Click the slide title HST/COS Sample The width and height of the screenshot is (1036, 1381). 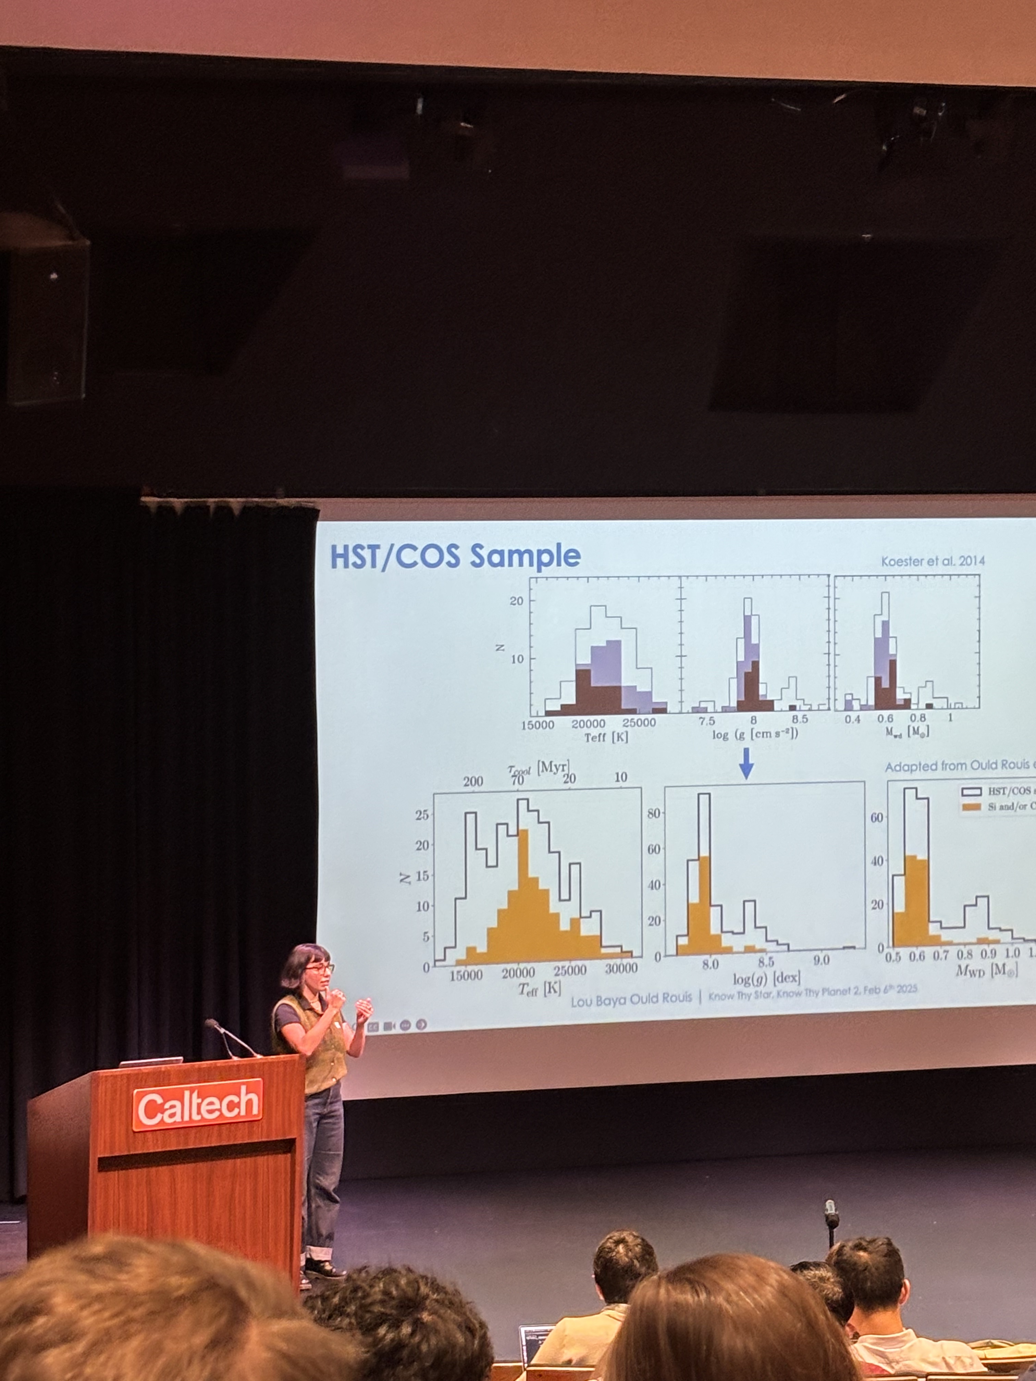pos(455,556)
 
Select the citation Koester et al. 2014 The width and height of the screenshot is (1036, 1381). pos(933,561)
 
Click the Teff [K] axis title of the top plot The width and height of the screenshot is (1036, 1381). pos(606,737)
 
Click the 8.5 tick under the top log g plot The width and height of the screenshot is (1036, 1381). pos(799,719)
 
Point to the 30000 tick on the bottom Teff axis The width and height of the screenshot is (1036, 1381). pos(621,968)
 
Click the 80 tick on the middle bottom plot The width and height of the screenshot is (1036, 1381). pos(653,813)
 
